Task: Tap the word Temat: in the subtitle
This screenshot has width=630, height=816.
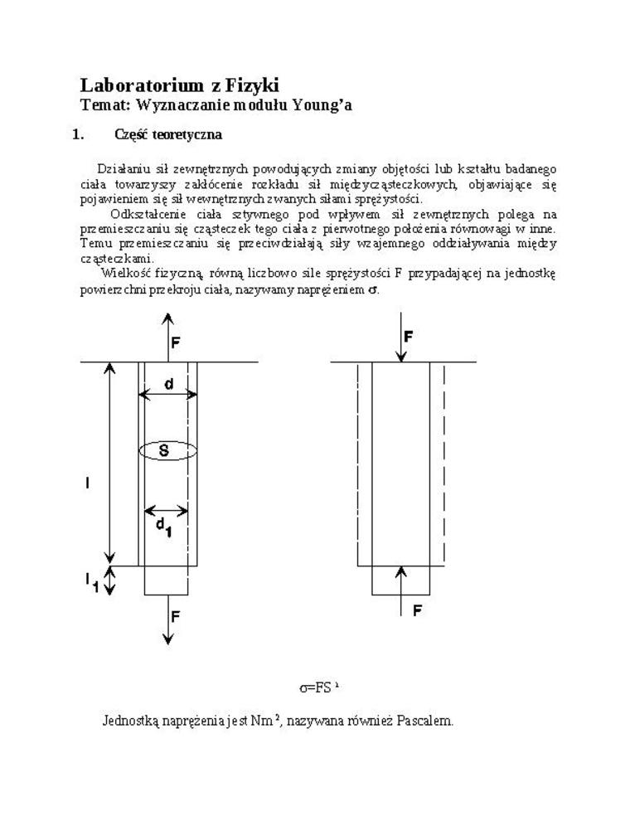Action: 105,105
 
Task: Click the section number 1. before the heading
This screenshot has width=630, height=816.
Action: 79,134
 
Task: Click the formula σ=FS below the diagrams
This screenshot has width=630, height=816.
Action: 318,687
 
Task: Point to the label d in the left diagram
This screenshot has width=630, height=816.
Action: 168,384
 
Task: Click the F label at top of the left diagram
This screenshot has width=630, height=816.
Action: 175,342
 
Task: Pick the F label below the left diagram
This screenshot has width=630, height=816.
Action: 175,615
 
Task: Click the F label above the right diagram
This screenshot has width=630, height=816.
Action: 409,337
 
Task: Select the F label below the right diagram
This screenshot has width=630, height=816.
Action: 418,610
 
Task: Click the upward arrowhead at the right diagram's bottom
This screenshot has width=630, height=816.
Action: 401,571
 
